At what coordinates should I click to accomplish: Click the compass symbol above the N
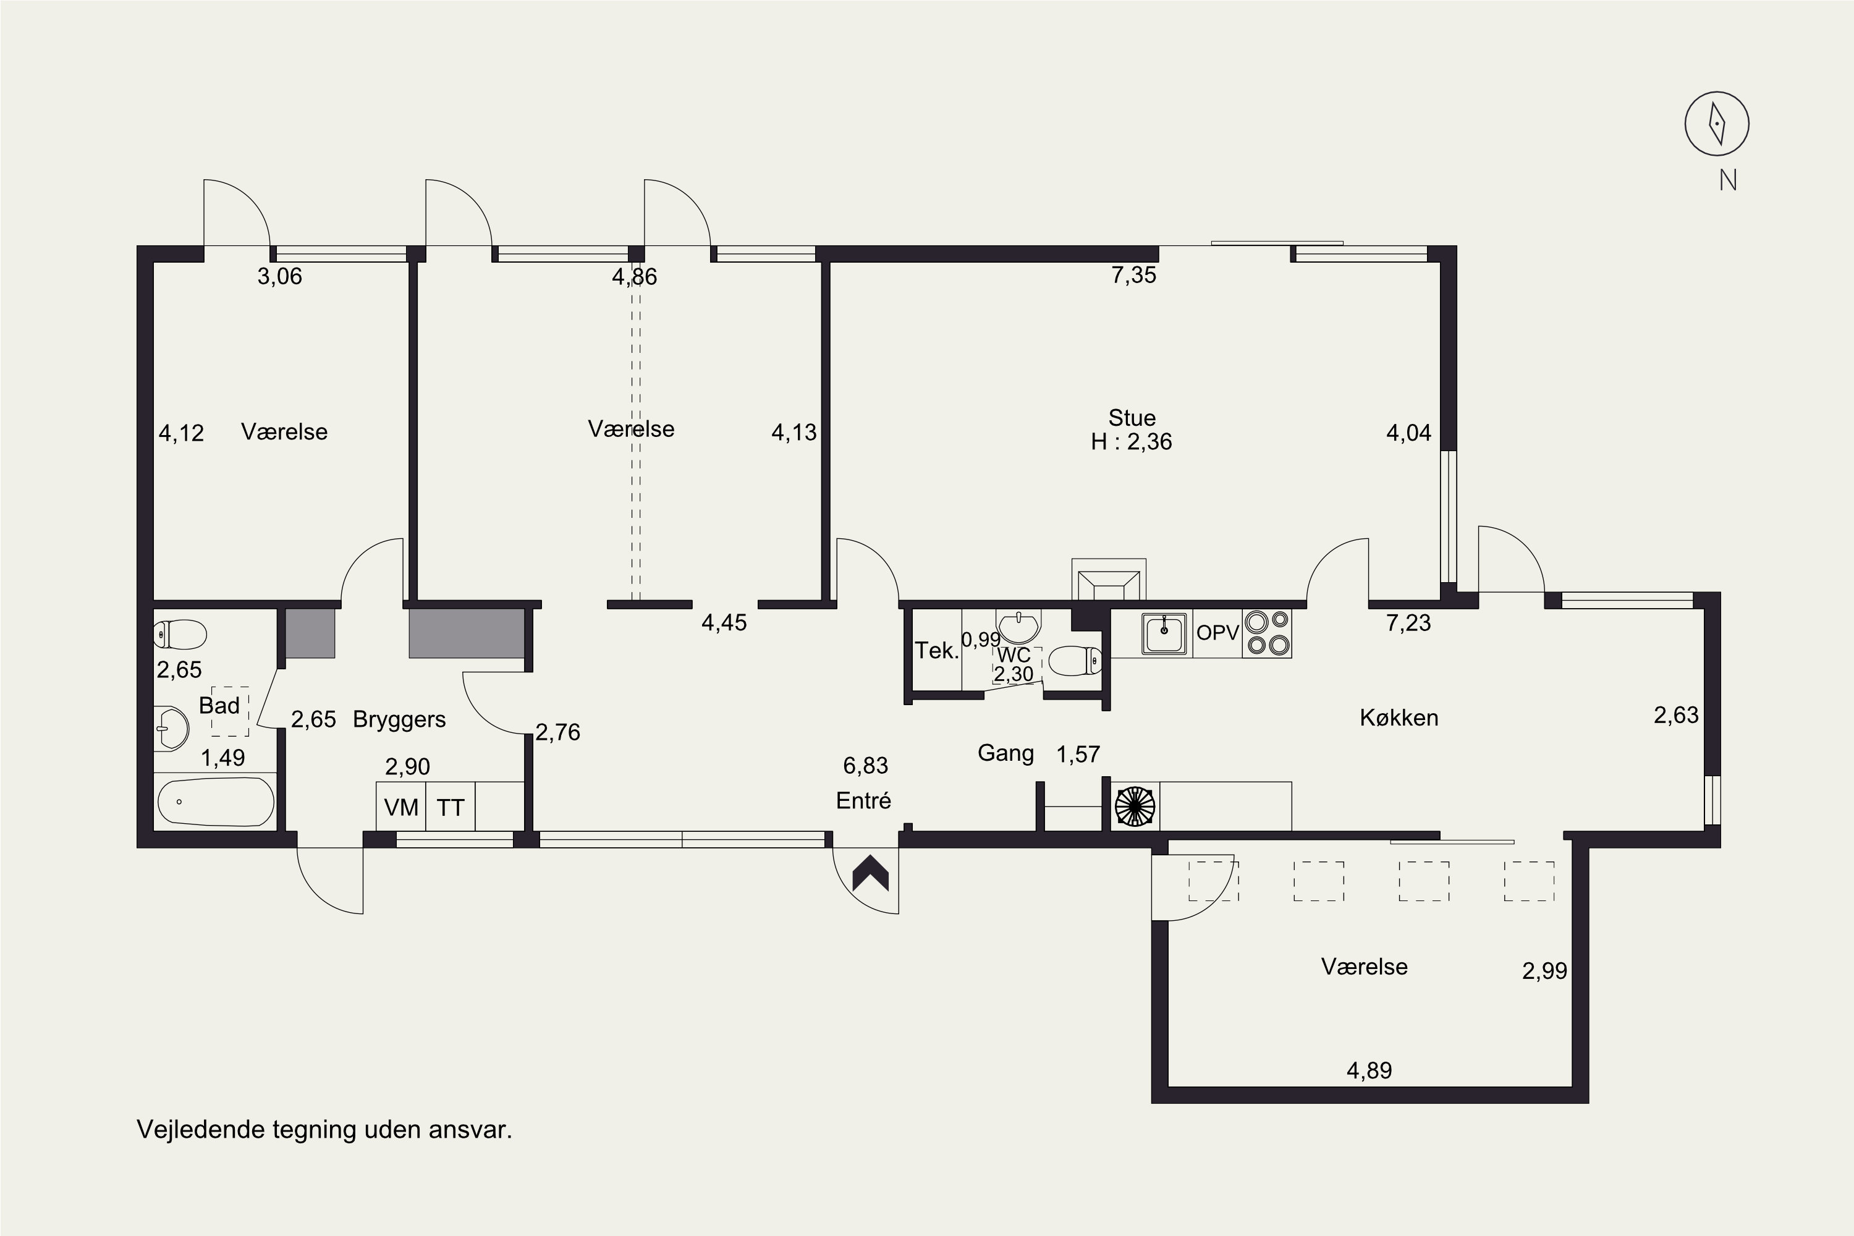tap(1716, 124)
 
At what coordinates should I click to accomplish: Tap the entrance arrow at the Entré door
tap(870, 873)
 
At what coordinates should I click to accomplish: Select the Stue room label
tap(1132, 418)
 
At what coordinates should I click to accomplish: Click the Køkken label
tap(1399, 717)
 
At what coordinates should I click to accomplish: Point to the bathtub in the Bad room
tap(216, 802)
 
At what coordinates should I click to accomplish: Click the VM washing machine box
tap(401, 806)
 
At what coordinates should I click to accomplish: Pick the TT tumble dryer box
tap(450, 806)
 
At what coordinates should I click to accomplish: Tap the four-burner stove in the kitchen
tap(1267, 633)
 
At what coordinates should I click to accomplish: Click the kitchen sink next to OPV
tap(1164, 633)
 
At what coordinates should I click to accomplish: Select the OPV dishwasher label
tap(1218, 632)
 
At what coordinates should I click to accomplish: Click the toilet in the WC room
tap(1077, 661)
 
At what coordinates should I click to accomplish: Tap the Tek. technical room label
tap(936, 650)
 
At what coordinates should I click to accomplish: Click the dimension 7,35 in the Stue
tap(1133, 274)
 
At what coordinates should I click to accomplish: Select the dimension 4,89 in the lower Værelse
tap(1369, 1070)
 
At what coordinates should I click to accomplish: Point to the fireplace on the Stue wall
tap(1108, 580)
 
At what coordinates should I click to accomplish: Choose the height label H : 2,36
tap(1131, 441)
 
